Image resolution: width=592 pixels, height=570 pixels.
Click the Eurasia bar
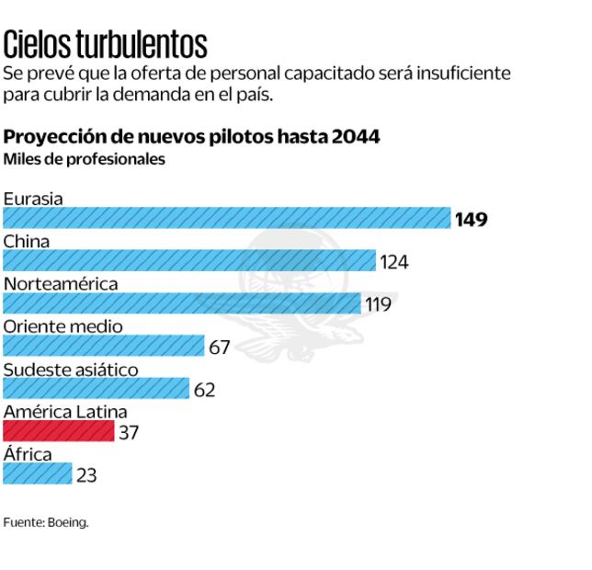coord(226,218)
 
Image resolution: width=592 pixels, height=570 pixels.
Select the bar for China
coord(189,260)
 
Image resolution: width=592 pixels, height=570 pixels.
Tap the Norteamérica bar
coord(182,303)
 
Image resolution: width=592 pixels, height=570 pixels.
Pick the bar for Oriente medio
coord(104,346)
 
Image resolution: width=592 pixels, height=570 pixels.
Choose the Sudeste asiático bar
coord(97,388)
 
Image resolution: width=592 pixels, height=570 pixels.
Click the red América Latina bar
coord(59,430)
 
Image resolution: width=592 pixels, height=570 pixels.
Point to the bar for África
coord(38,473)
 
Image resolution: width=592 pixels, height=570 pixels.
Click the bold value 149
coord(471,219)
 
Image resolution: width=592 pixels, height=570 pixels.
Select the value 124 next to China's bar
coord(394,262)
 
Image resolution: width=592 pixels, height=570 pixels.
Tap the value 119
coord(378,304)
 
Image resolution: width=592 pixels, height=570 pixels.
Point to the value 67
coord(219,348)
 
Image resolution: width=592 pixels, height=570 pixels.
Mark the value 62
coord(204,390)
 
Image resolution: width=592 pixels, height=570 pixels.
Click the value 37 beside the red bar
coord(129,432)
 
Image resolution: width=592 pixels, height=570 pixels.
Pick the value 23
coord(86,475)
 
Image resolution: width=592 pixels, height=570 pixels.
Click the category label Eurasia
coord(33,198)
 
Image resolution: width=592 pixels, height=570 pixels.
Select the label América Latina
coord(65,411)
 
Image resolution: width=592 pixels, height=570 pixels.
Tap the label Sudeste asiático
coord(71,369)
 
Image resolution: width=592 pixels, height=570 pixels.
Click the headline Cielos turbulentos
coord(106,43)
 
